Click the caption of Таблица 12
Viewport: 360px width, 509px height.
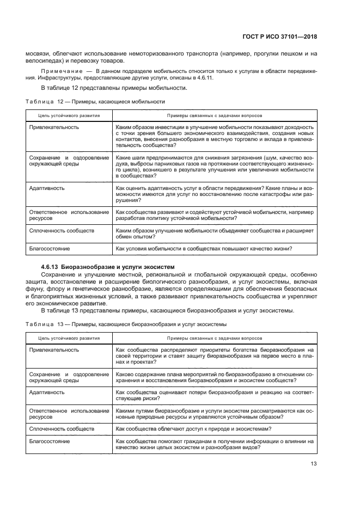click(95, 101)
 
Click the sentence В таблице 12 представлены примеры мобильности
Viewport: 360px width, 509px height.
click(114, 88)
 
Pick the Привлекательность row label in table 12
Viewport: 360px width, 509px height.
click(54, 127)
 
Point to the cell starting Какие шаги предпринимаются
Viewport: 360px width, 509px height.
click(215, 167)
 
